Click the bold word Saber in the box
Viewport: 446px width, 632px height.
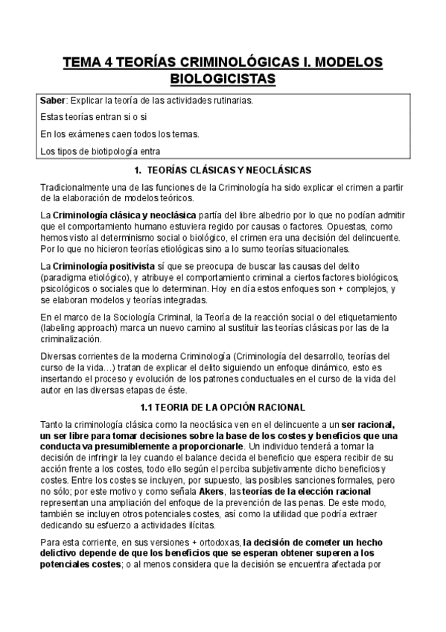click(x=53, y=100)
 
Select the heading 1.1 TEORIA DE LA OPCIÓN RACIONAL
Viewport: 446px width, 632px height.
click(x=223, y=407)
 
